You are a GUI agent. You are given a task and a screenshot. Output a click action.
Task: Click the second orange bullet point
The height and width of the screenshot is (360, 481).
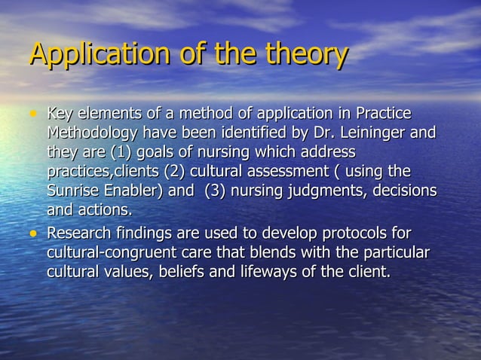[x=32, y=233]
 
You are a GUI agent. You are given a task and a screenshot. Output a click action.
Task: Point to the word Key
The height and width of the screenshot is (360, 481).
[x=60, y=115]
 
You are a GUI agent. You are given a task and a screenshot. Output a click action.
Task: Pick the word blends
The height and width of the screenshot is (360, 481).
[x=268, y=252]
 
